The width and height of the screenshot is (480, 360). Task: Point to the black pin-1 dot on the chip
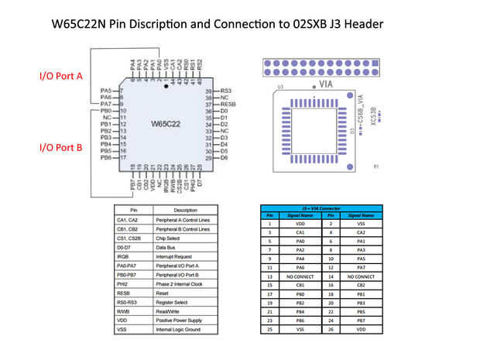[x=165, y=91]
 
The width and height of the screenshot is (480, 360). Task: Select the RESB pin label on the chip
[x=228, y=104]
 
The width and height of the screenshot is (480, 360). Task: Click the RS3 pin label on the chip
[x=227, y=91]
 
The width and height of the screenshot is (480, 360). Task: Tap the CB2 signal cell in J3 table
[x=362, y=284]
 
